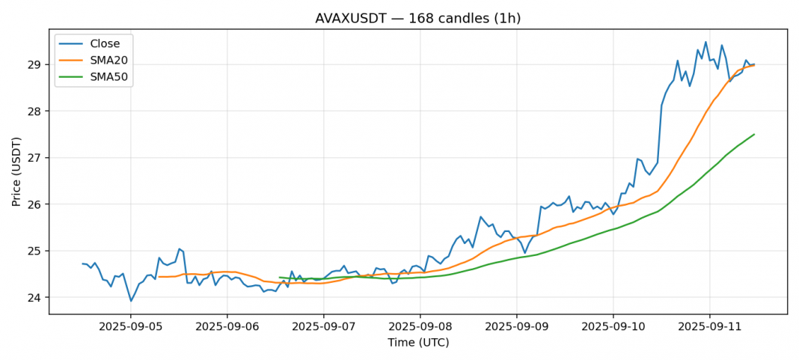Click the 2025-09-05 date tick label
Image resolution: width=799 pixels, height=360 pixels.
pyautogui.click(x=131, y=327)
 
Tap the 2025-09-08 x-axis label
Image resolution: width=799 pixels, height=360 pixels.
pyautogui.click(x=420, y=327)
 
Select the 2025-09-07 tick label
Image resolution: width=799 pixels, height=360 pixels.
pyautogui.click(x=323, y=327)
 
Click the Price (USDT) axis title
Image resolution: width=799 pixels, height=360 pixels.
pyautogui.click(x=16, y=171)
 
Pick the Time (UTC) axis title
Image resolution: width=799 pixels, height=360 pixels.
pyautogui.click(x=418, y=343)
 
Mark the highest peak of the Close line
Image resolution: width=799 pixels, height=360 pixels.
pyautogui.click(x=705, y=42)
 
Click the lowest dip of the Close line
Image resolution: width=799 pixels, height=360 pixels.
pyautogui.click(x=131, y=302)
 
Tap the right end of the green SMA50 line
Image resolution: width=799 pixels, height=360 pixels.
pyautogui.click(x=754, y=135)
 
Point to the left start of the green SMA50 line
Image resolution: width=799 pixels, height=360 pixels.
pyautogui.click(x=279, y=278)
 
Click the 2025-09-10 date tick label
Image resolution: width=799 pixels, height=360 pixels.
pyautogui.click(x=613, y=327)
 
